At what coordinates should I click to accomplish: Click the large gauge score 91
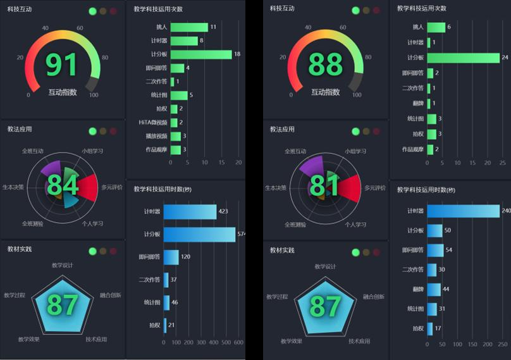click(x=61, y=65)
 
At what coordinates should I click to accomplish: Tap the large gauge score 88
click(x=324, y=65)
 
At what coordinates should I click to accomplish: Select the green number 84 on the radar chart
click(x=62, y=185)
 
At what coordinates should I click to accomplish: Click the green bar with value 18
click(x=201, y=54)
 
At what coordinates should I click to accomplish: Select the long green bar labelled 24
click(x=464, y=58)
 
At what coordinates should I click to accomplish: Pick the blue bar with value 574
click(x=199, y=235)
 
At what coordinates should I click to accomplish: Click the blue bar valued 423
click(x=190, y=211)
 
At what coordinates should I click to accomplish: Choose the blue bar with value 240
click(x=463, y=211)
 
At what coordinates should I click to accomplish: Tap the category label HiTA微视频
click(x=152, y=122)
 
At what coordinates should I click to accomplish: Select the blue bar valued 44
click(x=434, y=289)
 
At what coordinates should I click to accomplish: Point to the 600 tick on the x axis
click(x=238, y=343)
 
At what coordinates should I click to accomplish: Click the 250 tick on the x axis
click(x=500, y=344)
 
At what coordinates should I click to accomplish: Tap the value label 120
click(x=185, y=257)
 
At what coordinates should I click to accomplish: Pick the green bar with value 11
click(x=188, y=27)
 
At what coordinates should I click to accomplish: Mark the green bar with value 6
click(x=436, y=27)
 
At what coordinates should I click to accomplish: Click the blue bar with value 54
click(x=435, y=250)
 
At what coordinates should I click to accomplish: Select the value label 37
click(x=174, y=280)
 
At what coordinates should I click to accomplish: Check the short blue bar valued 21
click(x=165, y=325)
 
